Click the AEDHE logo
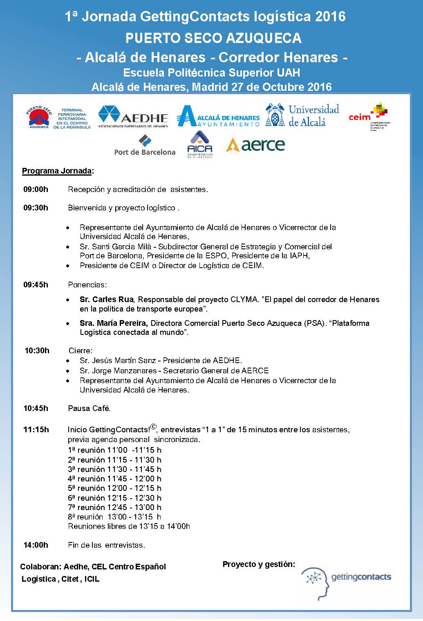click(133, 117)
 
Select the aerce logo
click(255, 145)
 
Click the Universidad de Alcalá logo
click(302, 115)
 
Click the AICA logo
click(199, 145)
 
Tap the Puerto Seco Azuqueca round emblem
click(39, 117)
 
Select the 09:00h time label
click(36, 189)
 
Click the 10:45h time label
click(36, 408)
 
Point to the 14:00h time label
click(36, 545)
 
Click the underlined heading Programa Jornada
click(57, 171)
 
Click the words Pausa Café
click(89, 408)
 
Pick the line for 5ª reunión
click(114, 488)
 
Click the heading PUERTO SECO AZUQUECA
click(213, 38)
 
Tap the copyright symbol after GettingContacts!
click(153, 427)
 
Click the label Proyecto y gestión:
click(259, 565)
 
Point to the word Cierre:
click(81, 350)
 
